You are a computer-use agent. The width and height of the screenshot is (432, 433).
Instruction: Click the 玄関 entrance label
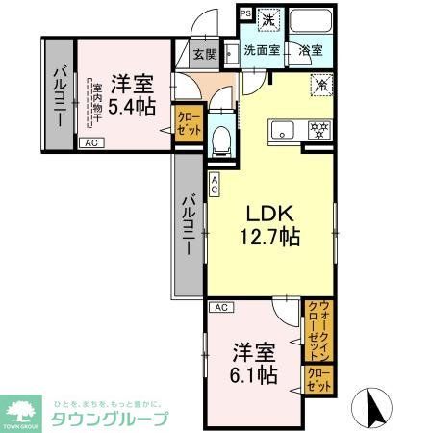[x=203, y=55]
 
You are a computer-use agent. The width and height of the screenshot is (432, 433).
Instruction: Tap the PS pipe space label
[x=245, y=14]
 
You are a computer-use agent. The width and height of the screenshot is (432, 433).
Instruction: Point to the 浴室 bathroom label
[x=309, y=50]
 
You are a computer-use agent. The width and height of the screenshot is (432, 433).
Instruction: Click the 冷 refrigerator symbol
[x=320, y=84]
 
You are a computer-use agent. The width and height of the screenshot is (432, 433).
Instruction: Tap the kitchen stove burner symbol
[x=318, y=128]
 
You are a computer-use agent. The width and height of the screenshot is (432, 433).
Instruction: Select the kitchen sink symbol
[x=283, y=128]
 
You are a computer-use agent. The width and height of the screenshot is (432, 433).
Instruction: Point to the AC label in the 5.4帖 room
[x=90, y=143]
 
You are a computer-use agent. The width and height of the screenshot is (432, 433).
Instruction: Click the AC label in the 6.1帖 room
[x=219, y=307]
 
